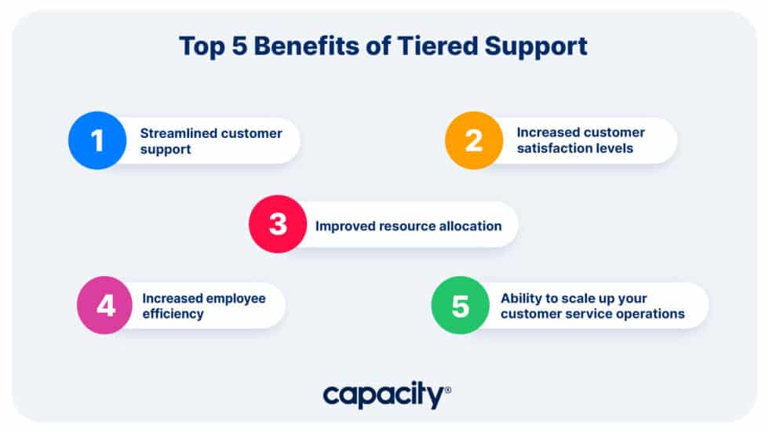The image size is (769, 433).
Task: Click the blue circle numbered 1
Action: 97,141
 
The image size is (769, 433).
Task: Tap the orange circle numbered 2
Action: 473,141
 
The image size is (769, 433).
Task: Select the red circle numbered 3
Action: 278,224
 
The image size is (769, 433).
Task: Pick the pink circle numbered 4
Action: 106,305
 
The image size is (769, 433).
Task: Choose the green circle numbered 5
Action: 460,305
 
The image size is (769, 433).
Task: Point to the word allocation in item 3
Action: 465,226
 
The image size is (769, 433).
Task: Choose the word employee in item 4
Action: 235,298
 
